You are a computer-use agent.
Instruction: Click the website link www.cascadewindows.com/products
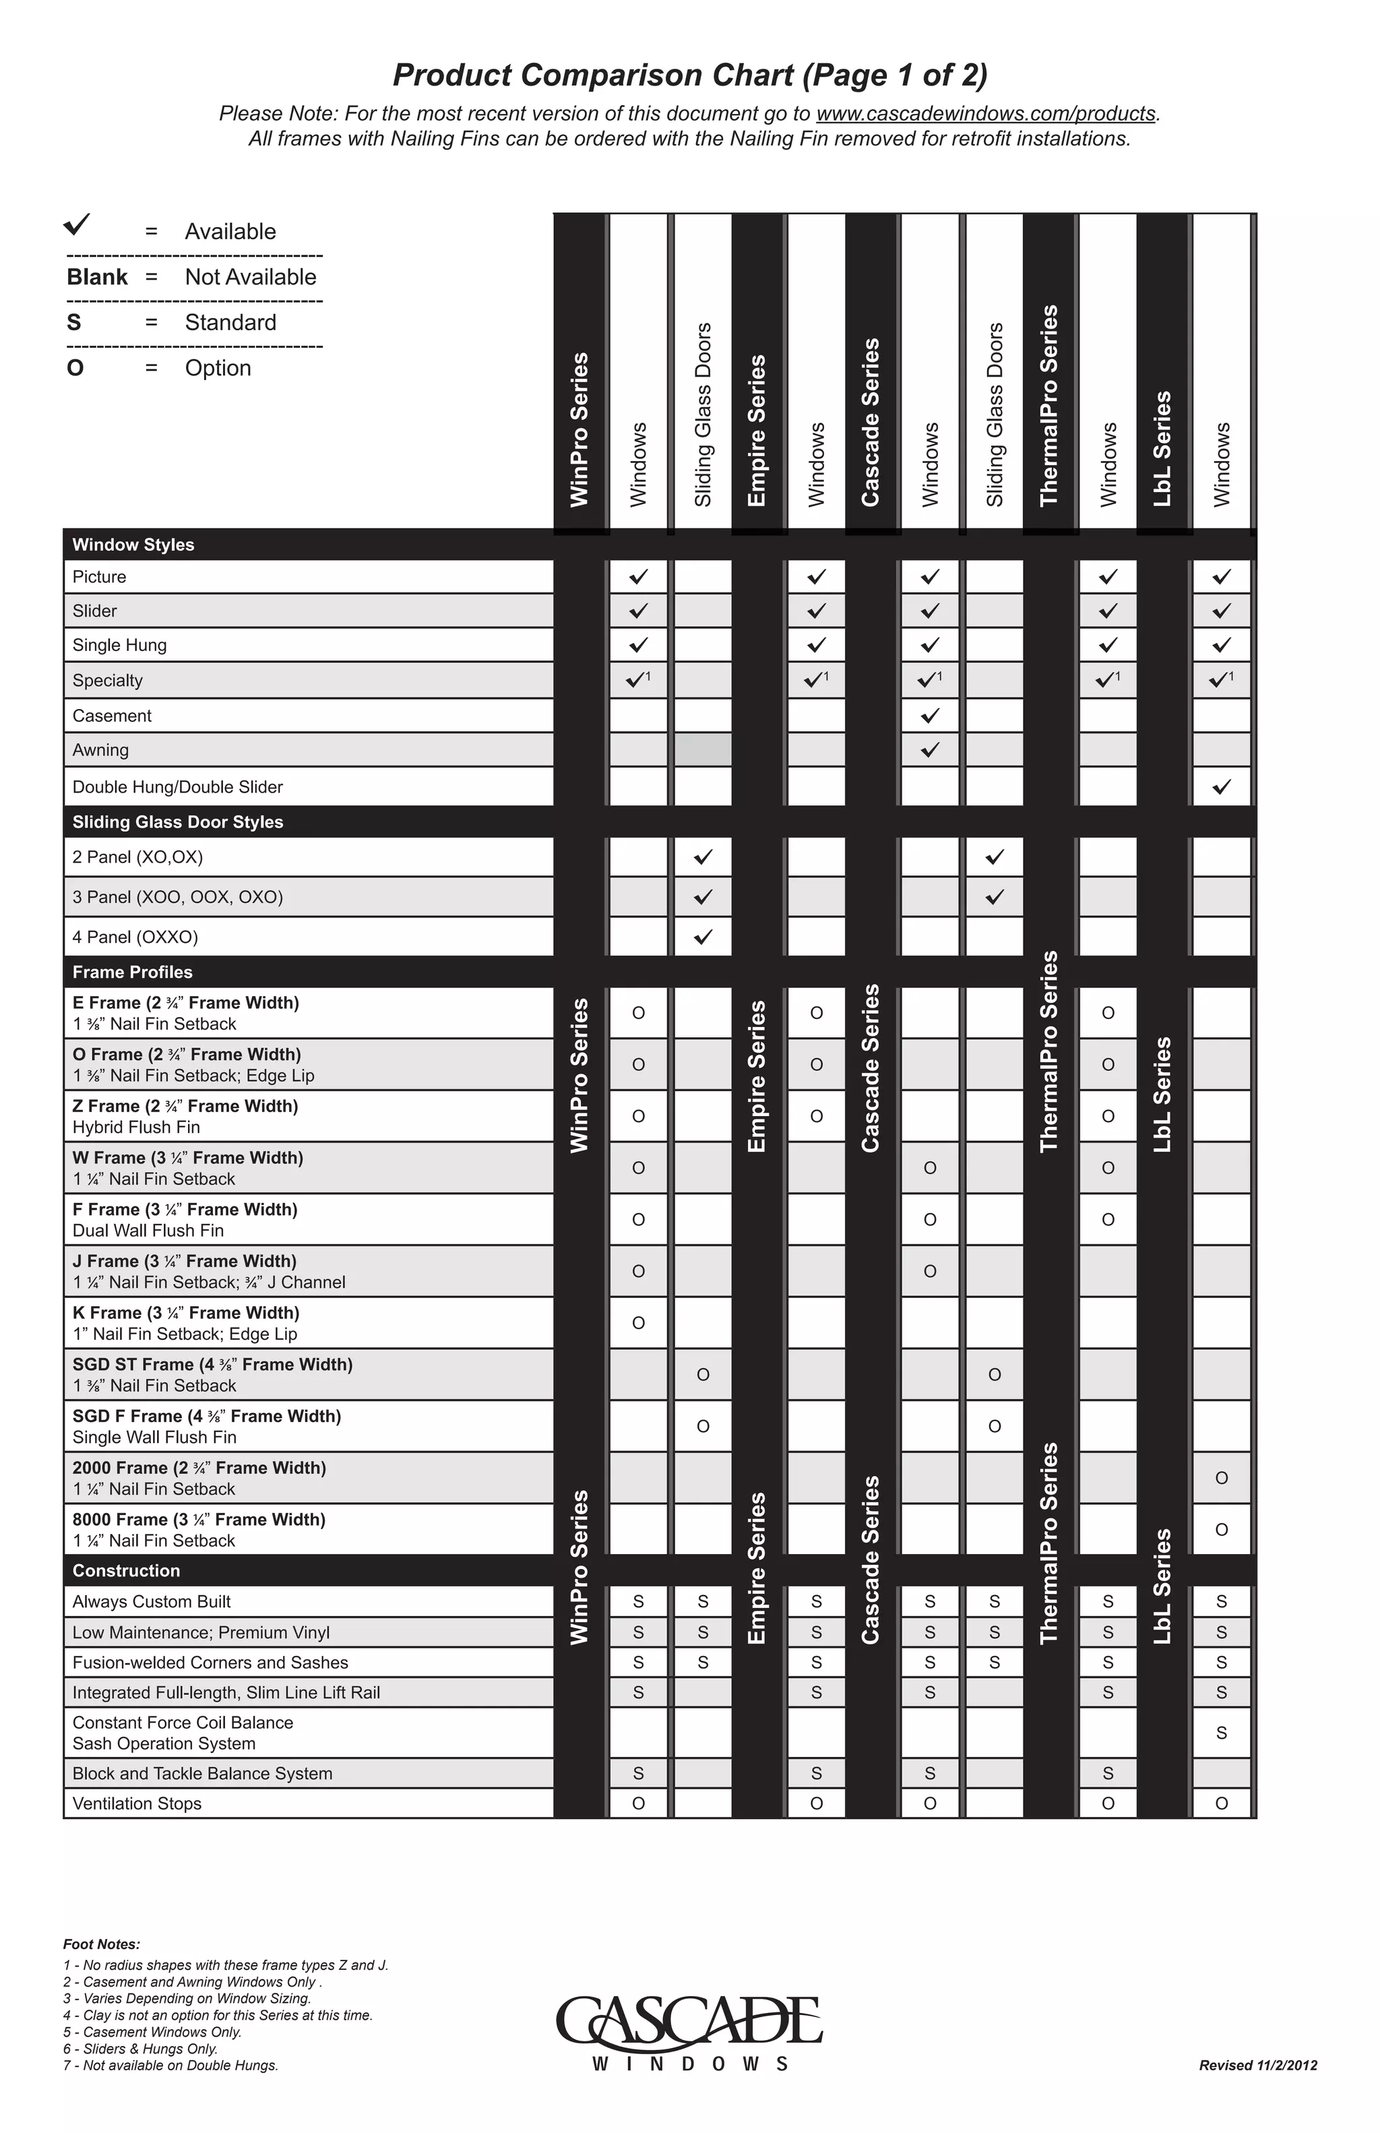pyautogui.click(x=986, y=114)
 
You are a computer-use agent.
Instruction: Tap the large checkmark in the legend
pyautogui.click(x=78, y=224)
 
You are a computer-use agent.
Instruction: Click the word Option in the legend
pyautogui.click(x=218, y=369)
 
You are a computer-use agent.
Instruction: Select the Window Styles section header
pyautogui.click(x=133, y=545)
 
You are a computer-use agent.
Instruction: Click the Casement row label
pyautogui.click(x=112, y=716)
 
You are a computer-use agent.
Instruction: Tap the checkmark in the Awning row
pyautogui.click(x=930, y=750)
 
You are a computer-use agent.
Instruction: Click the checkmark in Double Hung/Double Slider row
pyautogui.click(x=1222, y=787)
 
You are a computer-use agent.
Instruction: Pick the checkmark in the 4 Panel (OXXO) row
pyautogui.click(x=703, y=937)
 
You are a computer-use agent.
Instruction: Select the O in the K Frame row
pyautogui.click(x=638, y=1323)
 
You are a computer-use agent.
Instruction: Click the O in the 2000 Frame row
pyautogui.click(x=1222, y=1478)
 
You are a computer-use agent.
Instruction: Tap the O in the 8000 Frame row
pyautogui.click(x=1222, y=1530)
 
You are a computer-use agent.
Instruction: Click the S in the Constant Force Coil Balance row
pyautogui.click(x=1222, y=1733)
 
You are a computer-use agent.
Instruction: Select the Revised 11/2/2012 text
pyautogui.click(x=1257, y=2066)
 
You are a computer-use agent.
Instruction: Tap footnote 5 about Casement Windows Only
pyautogui.click(x=152, y=2033)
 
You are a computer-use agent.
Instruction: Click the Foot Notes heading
pyautogui.click(x=101, y=1945)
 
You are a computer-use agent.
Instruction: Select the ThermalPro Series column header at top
pyautogui.click(x=1049, y=406)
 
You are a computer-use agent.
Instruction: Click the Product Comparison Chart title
pyautogui.click(x=690, y=75)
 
